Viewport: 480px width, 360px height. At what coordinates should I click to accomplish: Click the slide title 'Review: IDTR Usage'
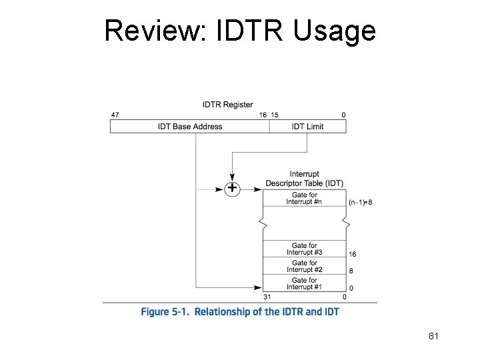(x=240, y=31)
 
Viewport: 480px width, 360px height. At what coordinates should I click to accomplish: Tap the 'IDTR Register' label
(x=228, y=105)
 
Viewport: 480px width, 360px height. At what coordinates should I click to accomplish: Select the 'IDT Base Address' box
(x=190, y=127)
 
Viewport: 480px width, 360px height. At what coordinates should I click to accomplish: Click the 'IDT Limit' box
(x=307, y=127)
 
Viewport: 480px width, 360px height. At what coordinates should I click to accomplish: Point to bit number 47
(x=115, y=115)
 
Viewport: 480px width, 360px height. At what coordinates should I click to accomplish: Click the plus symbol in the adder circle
(x=231, y=189)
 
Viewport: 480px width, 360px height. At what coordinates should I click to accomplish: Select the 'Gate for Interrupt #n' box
(x=304, y=198)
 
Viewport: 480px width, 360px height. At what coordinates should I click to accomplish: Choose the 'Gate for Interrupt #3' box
(x=304, y=249)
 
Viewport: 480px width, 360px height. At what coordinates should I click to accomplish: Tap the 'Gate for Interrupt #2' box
(x=304, y=267)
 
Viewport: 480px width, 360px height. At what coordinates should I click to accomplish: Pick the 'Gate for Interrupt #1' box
(x=304, y=284)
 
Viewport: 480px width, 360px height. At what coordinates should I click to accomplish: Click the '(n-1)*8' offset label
(x=361, y=202)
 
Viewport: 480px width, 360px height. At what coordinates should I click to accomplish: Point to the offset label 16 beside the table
(x=352, y=254)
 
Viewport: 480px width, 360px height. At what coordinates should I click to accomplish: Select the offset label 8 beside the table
(x=351, y=271)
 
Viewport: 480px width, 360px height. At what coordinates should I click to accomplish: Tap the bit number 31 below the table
(x=267, y=297)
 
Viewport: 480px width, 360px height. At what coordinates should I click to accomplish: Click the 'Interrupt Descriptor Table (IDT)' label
(x=304, y=179)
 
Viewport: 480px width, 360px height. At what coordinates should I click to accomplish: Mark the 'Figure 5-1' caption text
(x=240, y=312)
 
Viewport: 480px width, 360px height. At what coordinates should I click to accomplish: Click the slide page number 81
(x=433, y=336)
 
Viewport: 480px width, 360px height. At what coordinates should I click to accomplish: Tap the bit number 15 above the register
(x=274, y=115)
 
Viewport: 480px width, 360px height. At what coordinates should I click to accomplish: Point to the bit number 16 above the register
(x=263, y=115)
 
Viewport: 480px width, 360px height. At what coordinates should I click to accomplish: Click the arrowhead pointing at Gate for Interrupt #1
(x=257, y=288)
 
